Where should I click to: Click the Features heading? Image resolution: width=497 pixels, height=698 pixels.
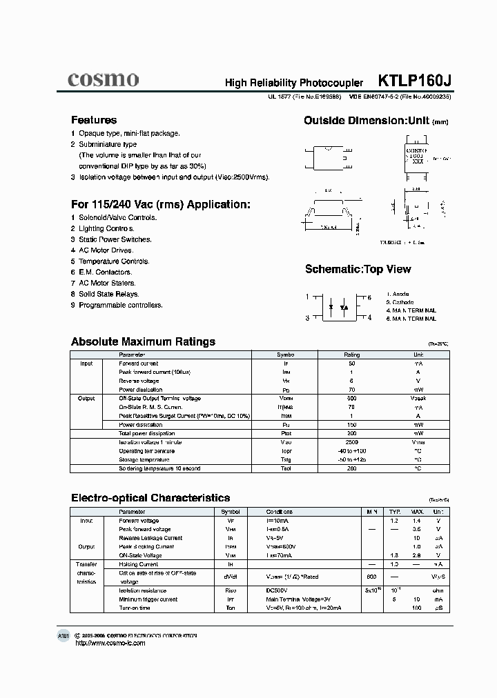[x=94, y=120]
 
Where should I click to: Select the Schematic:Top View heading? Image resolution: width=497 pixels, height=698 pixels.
[x=358, y=269]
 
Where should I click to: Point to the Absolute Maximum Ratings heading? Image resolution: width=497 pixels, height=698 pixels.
[x=143, y=341]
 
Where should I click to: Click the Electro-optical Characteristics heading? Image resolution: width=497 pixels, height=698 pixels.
[x=150, y=497]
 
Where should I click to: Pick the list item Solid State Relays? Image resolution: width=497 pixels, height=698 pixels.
[x=108, y=294]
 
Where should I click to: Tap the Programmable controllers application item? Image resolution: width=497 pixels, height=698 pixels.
[x=120, y=305]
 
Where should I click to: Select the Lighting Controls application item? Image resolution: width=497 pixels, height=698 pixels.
[x=106, y=228]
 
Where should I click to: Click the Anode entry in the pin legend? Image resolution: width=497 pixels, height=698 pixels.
[x=398, y=295]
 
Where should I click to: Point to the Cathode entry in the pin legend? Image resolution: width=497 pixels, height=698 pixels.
[x=400, y=303]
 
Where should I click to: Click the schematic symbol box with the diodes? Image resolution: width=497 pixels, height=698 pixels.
[x=339, y=307]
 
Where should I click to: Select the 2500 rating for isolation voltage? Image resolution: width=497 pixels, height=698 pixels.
[x=352, y=442]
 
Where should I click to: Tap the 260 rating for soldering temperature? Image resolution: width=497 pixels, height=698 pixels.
[x=352, y=468]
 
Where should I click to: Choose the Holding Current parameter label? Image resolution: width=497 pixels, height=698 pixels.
[x=139, y=564]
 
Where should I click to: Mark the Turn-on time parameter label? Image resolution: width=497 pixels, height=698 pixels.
[x=136, y=608]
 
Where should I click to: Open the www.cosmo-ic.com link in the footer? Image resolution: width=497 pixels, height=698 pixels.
[x=110, y=643]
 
